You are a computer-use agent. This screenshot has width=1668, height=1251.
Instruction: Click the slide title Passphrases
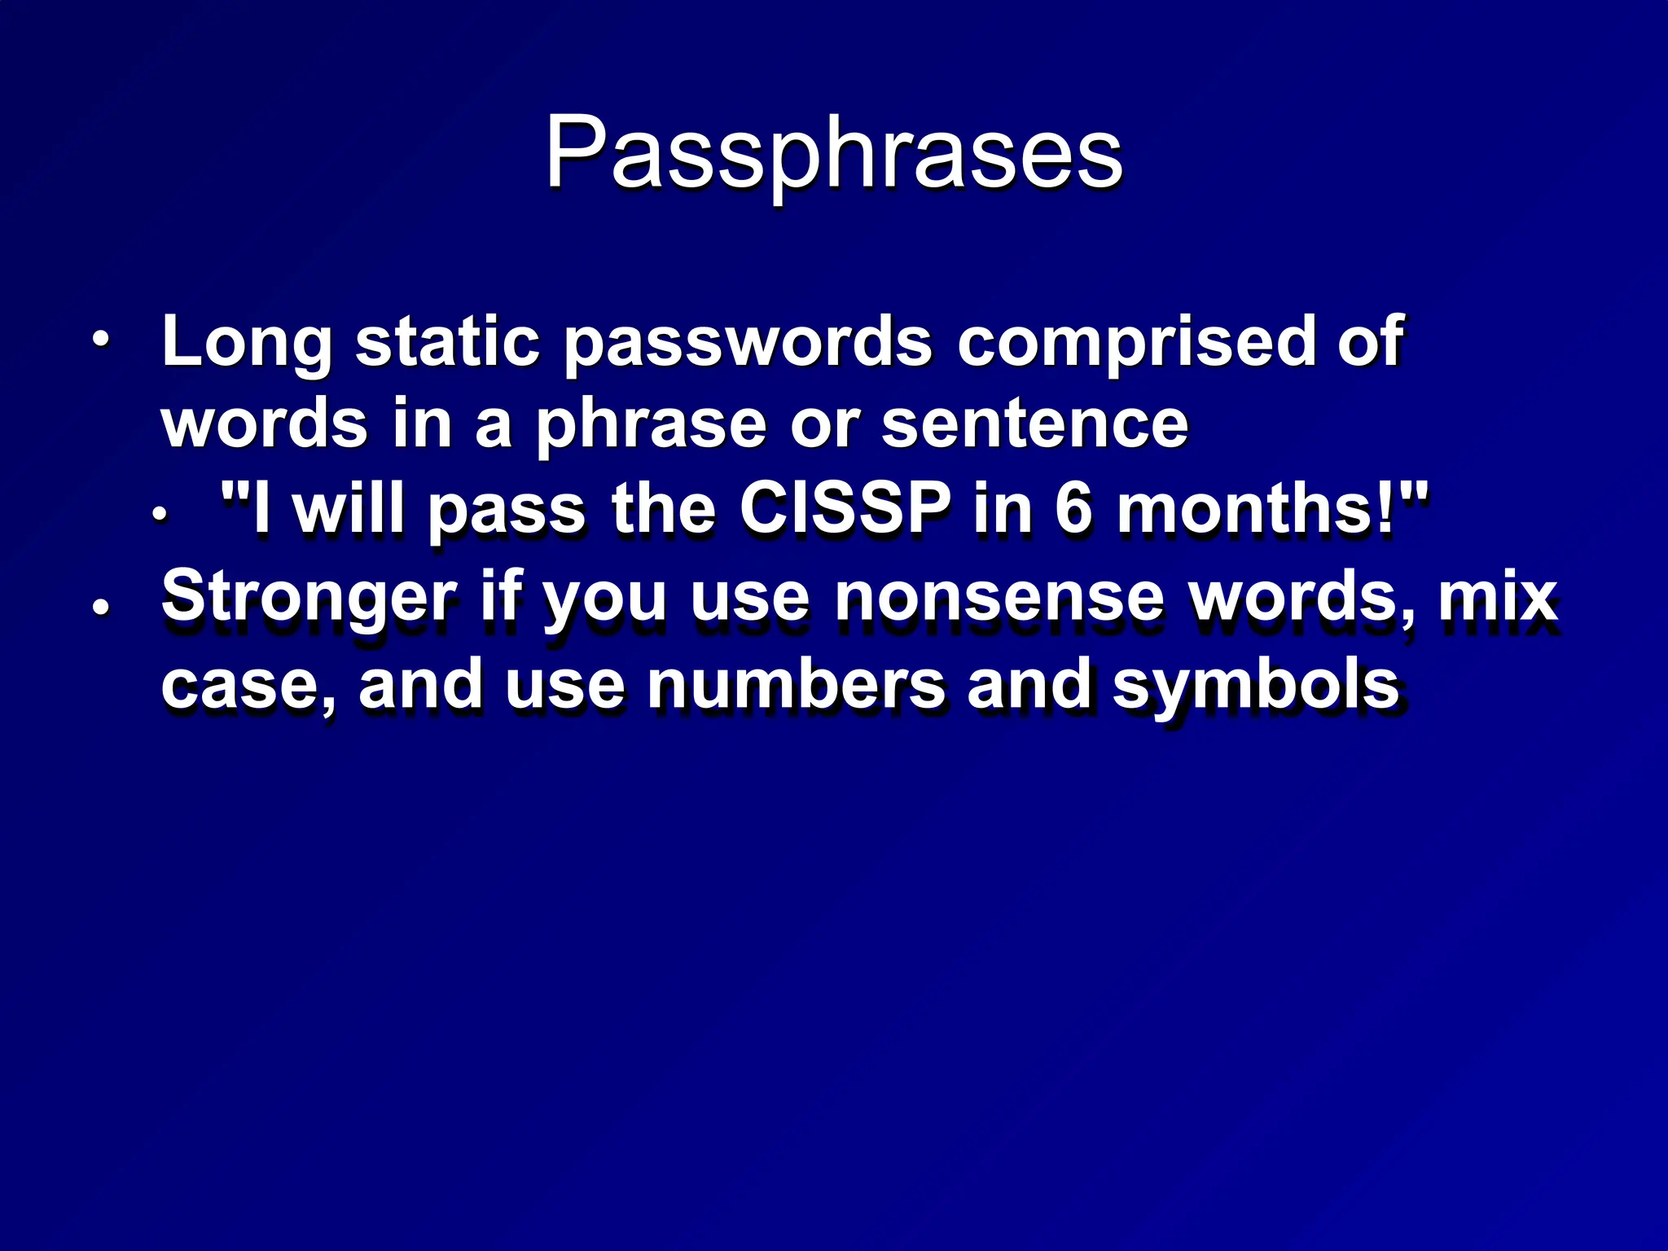[x=833, y=153]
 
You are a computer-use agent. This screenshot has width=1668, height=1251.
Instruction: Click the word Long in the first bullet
[x=247, y=342]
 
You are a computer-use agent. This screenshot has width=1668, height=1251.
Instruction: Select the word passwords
[x=748, y=342]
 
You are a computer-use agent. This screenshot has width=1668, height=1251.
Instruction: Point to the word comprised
[x=1135, y=342]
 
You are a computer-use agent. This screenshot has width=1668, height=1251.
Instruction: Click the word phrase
[x=651, y=425]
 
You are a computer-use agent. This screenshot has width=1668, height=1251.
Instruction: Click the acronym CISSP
[x=845, y=509]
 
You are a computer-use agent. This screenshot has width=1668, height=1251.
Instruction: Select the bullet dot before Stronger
[x=100, y=607]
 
